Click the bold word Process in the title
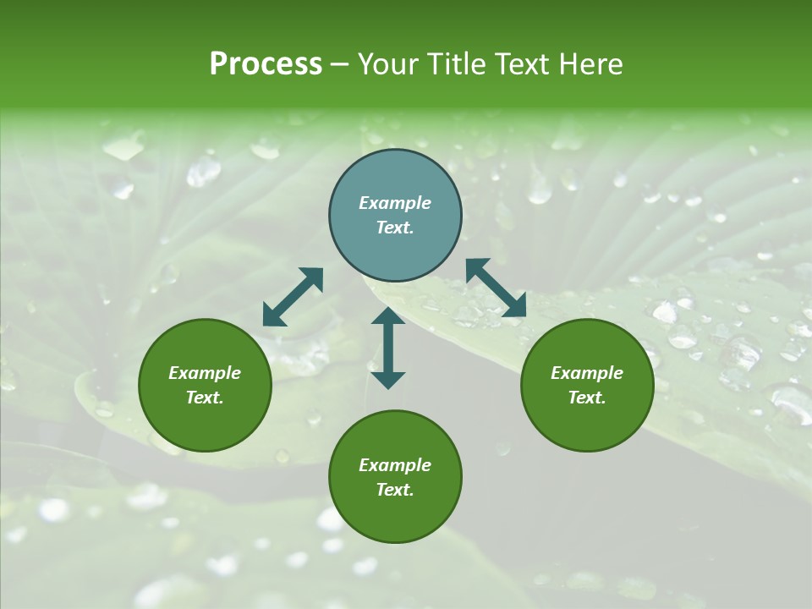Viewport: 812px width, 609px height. (266, 64)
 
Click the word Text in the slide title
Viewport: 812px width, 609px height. (521, 64)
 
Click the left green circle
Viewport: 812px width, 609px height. (205, 423)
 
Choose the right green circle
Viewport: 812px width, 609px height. (587, 423)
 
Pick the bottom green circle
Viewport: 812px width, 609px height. (395, 516)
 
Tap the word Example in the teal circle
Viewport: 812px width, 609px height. (395, 203)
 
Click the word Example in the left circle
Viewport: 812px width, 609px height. (205, 373)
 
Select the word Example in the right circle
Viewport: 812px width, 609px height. (587, 373)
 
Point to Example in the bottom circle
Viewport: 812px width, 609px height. (395, 465)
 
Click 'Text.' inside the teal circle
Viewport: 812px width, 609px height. (395, 228)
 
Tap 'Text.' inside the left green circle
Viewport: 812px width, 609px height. (205, 398)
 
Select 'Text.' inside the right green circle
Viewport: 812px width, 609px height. (587, 398)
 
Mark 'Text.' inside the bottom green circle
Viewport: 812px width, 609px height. (395, 490)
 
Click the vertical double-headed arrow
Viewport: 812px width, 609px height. (388, 348)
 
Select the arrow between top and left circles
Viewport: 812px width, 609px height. (293, 297)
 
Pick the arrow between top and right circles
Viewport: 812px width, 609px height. (496, 288)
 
